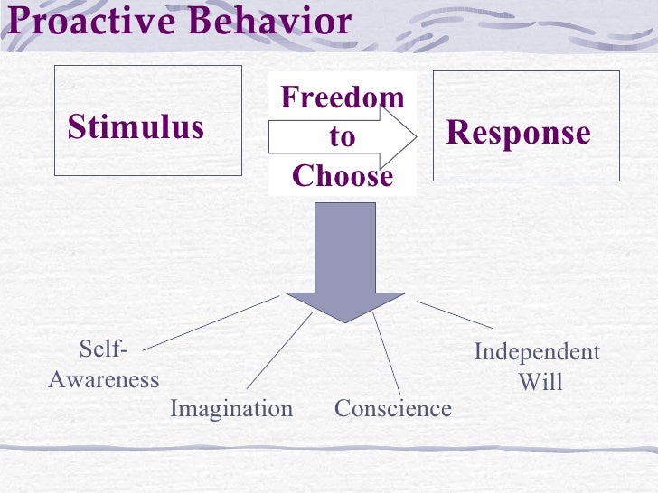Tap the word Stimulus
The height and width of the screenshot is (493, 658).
[x=136, y=127]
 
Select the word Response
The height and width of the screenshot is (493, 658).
[x=518, y=133]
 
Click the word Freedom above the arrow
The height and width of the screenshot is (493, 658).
[x=343, y=97]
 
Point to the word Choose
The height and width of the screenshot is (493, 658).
[x=343, y=176]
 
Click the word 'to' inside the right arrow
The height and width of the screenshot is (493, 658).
[x=343, y=137]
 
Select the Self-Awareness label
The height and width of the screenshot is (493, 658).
[x=103, y=365]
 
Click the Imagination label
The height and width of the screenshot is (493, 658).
[x=231, y=409]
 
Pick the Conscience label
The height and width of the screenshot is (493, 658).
[x=392, y=409]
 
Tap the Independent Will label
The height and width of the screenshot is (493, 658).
[x=538, y=367]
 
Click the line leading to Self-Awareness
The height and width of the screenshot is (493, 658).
[x=211, y=321]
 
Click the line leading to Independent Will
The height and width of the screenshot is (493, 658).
[x=455, y=314]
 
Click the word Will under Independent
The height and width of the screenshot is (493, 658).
[x=540, y=382]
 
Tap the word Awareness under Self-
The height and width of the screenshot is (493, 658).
[x=103, y=379]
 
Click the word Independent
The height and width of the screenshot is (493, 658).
[x=537, y=352]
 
